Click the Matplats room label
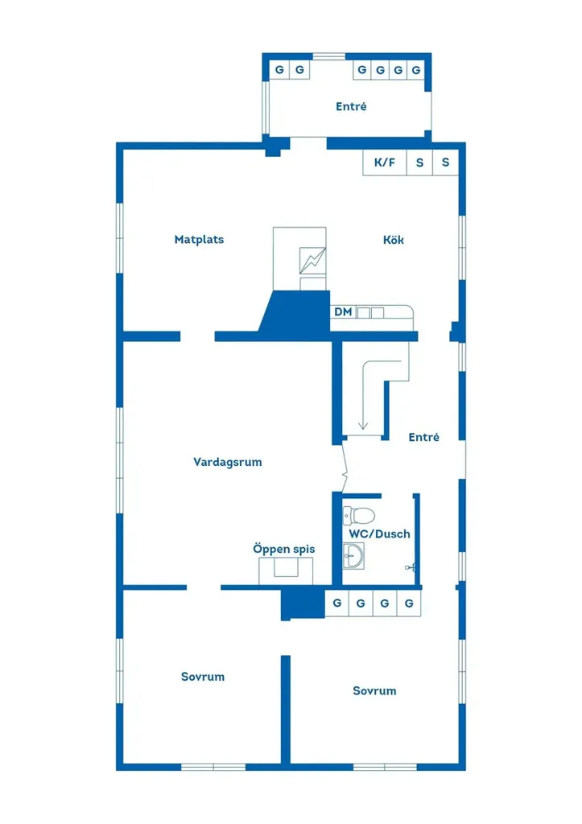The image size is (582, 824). pos(199,240)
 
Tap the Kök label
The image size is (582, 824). pos(394,240)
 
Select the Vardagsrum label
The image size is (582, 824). pos(228,462)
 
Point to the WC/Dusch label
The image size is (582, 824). pos(380,534)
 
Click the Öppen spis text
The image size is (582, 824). pos(284,549)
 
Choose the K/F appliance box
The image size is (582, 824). pos(384,163)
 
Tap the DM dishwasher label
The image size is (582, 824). pos(343,311)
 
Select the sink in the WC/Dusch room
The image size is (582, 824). pos(353,556)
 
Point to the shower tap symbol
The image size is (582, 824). pos(411,567)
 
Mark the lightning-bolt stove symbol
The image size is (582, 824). pos(312,261)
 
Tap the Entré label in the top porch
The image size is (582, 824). pos(351,107)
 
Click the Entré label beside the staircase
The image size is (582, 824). pos(423,437)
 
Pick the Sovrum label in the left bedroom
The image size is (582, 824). pos(202,677)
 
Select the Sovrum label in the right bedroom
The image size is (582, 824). pos(374,691)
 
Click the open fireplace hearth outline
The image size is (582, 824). pos(286,571)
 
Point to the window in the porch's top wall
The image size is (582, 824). pos(329,56)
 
